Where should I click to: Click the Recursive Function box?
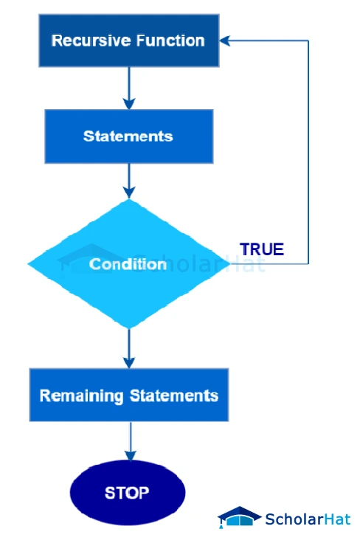(x=128, y=41)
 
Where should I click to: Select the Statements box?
(x=128, y=136)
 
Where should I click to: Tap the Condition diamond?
(x=128, y=263)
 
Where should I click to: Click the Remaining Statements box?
(x=129, y=395)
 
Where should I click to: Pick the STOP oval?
(x=127, y=493)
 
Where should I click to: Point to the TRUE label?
(x=262, y=249)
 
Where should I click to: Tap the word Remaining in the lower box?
(x=81, y=395)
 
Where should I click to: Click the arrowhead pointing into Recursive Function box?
(x=226, y=41)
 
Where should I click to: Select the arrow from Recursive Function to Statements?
(x=129, y=87)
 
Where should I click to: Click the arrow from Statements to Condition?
(x=129, y=181)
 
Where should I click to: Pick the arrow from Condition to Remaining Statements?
(x=129, y=348)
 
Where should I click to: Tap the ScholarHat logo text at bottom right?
(x=308, y=519)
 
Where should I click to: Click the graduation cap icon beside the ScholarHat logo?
(x=239, y=517)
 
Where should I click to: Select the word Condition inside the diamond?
(x=128, y=264)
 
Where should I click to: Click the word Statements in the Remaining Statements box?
(x=174, y=395)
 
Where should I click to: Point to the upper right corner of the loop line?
(x=308, y=41)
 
